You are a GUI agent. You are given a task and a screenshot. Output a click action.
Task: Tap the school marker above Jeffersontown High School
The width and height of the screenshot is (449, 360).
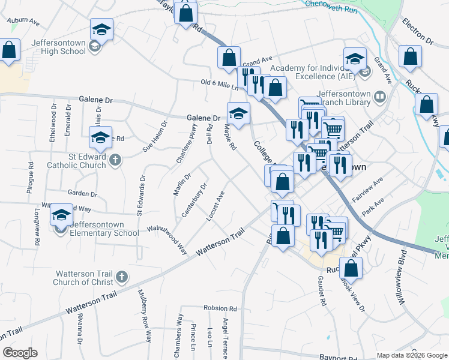(102, 29)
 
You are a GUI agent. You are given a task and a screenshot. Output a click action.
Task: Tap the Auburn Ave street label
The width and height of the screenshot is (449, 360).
(23, 22)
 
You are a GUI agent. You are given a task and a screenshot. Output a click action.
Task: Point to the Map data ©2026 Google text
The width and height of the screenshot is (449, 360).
(411, 355)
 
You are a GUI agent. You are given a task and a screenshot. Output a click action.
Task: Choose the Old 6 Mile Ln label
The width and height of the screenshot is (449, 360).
(220, 85)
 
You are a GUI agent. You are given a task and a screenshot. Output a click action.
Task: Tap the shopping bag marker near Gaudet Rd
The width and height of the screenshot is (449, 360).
(351, 269)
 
